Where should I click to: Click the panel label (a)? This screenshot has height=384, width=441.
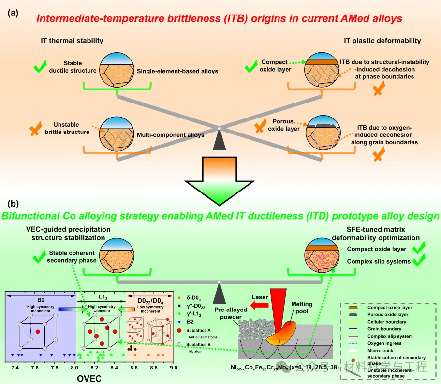tap(13, 14)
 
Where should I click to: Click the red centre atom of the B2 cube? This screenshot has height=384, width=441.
tap(37, 332)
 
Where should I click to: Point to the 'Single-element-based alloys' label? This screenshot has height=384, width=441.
tap(177, 71)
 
